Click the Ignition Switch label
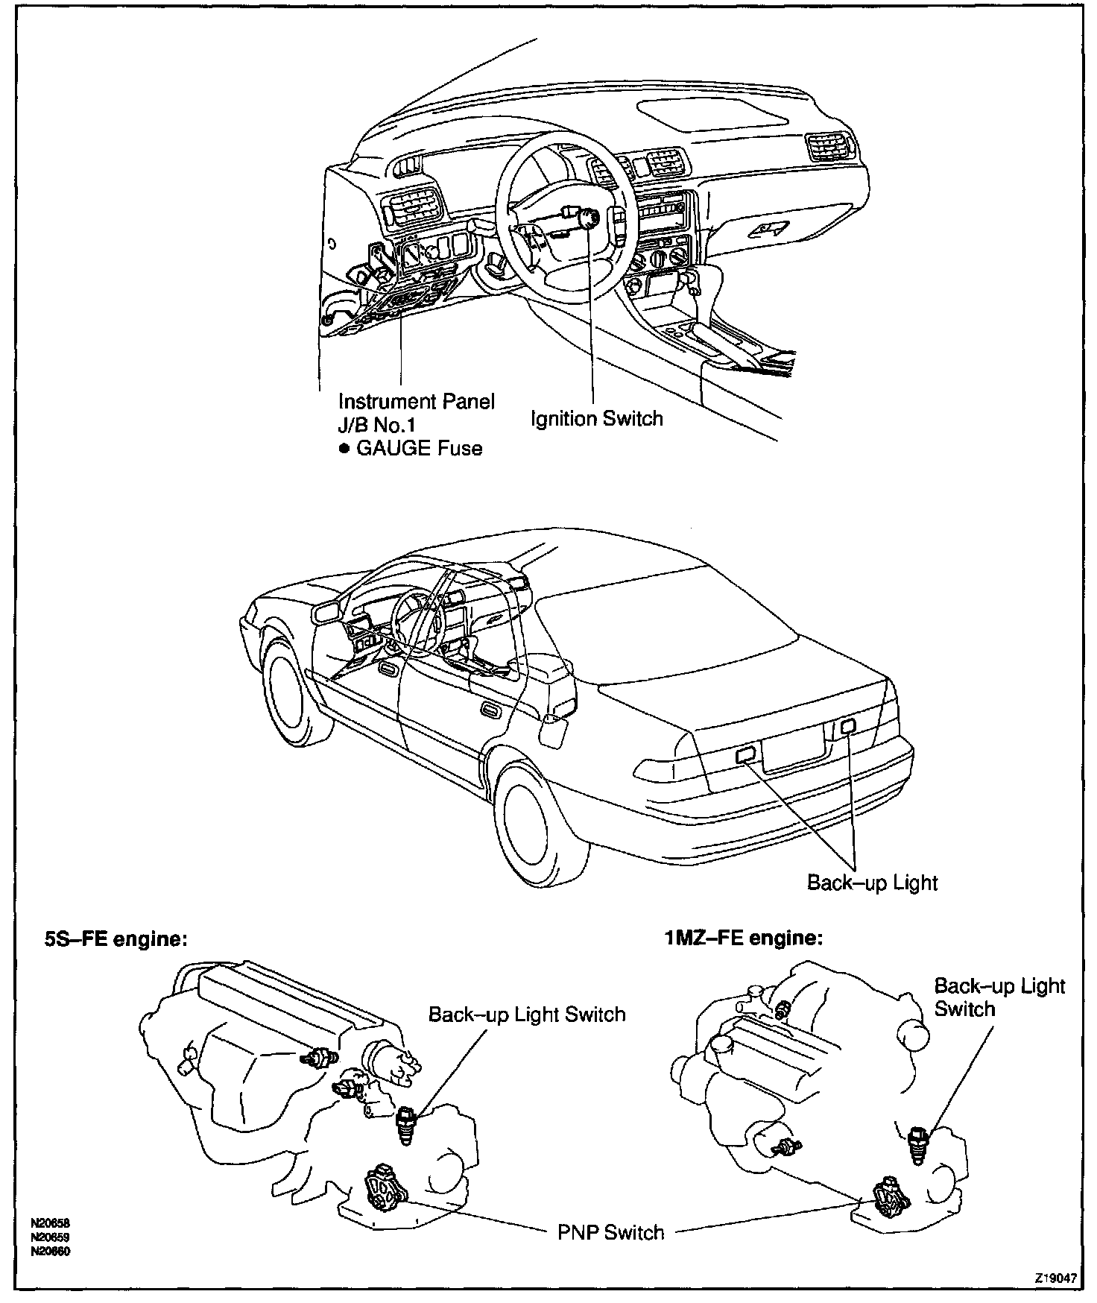click(x=596, y=419)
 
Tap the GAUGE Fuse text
click(x=419, y=449)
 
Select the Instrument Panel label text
click(x=416, y=402)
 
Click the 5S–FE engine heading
click(x=113, y=939)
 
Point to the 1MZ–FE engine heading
click(x=744, y=937)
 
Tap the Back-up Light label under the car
click(x=872, y=883)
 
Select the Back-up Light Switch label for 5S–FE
click(x=526, y=1015)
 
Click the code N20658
click(x=51, y=1223)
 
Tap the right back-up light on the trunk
click(x=846, y=725)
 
